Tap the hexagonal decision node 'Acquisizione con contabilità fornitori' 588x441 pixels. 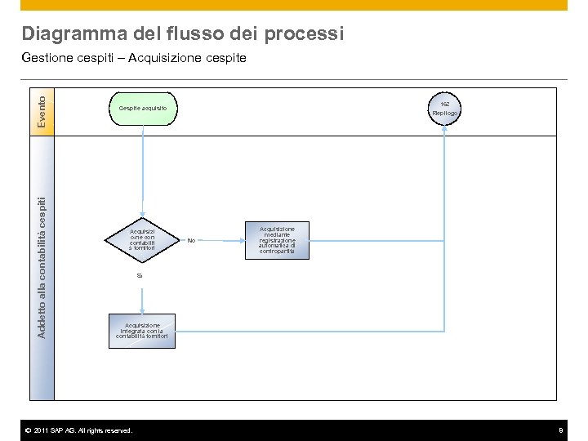(142, 240)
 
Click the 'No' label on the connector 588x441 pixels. (191, 240)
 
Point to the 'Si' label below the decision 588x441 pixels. (140, 276)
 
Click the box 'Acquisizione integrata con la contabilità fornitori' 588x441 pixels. (142, 331)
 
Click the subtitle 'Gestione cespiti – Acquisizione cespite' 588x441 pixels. (134, 58)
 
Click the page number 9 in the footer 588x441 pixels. (560, 430)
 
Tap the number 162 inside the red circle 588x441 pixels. (444, 105)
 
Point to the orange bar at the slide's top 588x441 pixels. (294, 5)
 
